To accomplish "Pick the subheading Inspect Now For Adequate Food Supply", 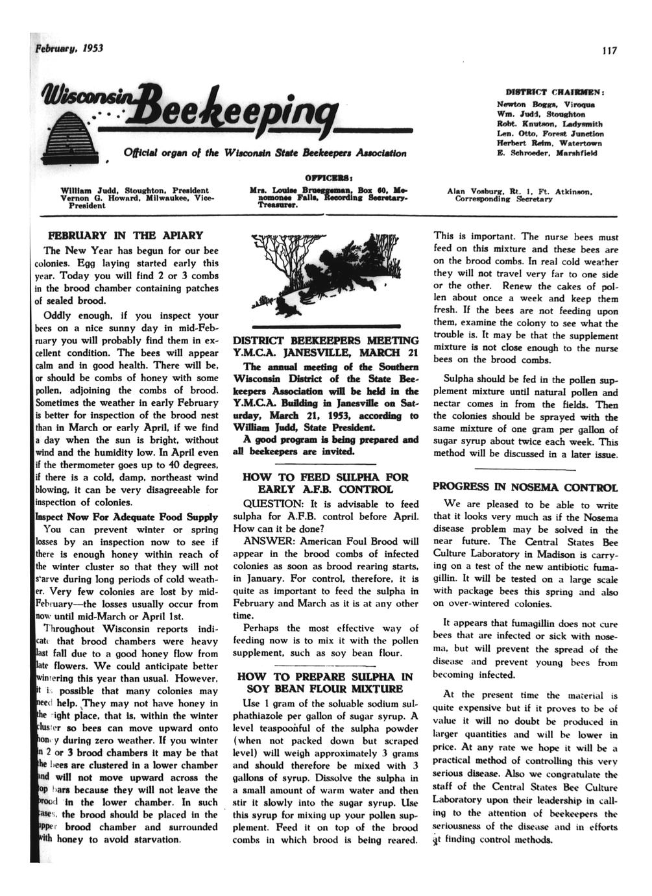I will click(x=122, y=517).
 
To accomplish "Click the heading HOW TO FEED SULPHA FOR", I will click(x=325, y=477).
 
